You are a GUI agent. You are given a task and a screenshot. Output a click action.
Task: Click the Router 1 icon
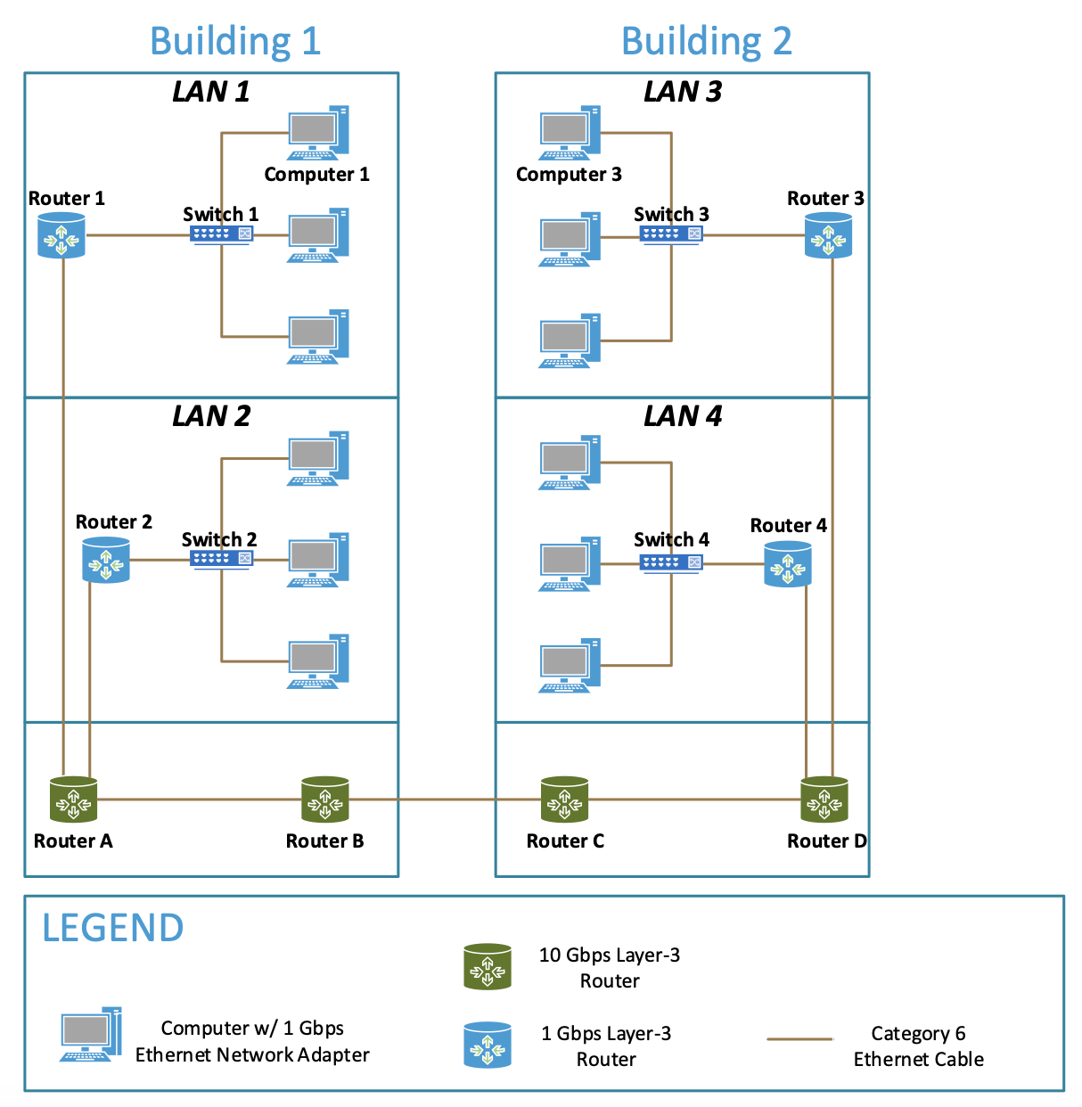(x=61, y=236)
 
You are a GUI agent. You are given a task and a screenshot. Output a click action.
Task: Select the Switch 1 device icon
(x=221, y=234)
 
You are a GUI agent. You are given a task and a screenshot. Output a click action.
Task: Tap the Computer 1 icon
(x=317, y=133)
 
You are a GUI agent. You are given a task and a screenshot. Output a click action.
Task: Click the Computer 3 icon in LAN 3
(x=569, y=133)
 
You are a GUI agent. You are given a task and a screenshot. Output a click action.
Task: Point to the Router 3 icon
(x=828, y=236)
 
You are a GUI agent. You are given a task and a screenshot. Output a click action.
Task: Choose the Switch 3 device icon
(x=671, y=234)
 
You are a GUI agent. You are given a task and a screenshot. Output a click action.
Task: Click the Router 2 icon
(x=106, y=561)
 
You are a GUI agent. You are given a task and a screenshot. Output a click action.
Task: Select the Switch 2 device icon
(x=221, y=559)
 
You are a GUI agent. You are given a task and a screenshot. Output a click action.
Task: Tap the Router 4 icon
(x=788, y=564)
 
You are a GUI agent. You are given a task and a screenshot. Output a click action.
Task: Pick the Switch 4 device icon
(x=671, y=562)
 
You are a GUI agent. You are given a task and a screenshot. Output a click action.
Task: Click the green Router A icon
(x=73, y=799)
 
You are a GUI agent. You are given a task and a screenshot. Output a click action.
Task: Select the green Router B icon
(x=324, y=799)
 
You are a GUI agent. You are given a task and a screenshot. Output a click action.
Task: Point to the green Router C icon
(x=564, y=799)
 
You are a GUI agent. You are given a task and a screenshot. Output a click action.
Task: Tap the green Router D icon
(x=824, y=799)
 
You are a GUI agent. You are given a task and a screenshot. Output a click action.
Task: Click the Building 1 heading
(x=235, y=41)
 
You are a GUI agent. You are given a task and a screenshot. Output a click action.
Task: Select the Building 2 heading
(x=706, y=41)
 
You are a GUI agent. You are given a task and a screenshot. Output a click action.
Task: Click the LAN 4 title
(x=683, y=416)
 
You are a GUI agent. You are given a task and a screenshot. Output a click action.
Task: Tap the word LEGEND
(x=113, y=929)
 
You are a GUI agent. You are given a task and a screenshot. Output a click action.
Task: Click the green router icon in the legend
(x=488, y=967)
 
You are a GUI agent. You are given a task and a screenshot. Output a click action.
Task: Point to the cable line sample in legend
(x=799, y=1039)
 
